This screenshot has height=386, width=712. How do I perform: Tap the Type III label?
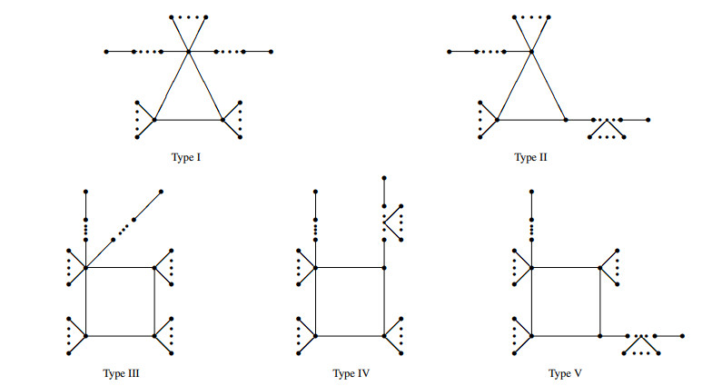121,373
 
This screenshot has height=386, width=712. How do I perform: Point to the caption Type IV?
350,373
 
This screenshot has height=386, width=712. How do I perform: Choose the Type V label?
565,373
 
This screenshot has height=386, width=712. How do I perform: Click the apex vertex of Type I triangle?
189,52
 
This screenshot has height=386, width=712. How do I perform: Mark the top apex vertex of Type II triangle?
532,52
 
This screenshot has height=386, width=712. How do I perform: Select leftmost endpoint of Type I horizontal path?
106,52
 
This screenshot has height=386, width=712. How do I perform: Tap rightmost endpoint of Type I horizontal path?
271,52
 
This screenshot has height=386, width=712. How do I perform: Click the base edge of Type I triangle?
189,120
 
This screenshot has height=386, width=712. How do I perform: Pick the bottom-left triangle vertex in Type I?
155,120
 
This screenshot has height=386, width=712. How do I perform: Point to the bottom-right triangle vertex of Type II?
566,120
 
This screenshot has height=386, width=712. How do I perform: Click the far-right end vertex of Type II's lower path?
648,120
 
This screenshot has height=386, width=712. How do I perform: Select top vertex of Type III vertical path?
85,192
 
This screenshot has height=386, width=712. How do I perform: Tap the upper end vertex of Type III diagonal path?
162,192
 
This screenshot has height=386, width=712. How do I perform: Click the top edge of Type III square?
120,267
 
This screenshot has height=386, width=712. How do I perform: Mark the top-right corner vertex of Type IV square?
384,267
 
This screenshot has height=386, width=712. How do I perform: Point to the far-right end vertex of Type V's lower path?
682,336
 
